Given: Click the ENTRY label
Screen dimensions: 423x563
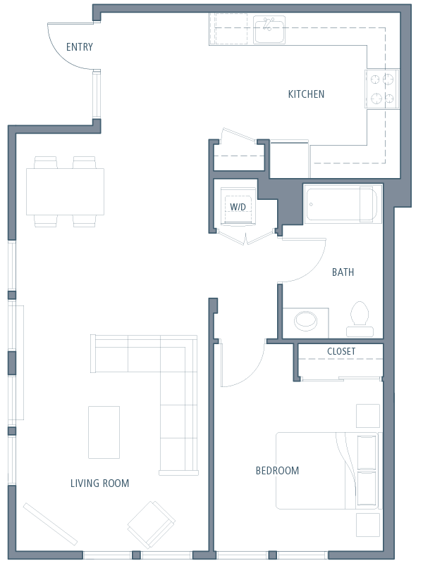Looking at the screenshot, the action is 80,47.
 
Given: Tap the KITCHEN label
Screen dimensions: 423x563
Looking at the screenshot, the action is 306,94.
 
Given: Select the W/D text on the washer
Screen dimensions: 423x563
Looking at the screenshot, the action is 238,207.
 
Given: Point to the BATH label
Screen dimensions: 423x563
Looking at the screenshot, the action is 343,272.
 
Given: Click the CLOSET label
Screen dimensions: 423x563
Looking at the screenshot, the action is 341,351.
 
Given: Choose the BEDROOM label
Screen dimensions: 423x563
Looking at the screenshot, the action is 277,470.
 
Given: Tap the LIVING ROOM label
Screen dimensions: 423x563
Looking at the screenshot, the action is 99,483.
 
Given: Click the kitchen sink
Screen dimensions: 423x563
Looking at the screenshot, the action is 269,30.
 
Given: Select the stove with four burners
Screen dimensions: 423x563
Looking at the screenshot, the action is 382,89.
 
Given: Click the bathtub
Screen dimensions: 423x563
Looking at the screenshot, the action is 342,203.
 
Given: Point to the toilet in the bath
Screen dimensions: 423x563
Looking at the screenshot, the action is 360,320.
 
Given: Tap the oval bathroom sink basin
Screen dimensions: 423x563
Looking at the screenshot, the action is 306,320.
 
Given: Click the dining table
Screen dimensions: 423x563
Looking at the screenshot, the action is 65,191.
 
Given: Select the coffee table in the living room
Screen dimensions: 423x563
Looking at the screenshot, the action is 104,432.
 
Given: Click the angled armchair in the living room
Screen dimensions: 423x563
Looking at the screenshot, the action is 152,525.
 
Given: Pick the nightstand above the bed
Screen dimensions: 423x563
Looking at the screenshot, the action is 368,416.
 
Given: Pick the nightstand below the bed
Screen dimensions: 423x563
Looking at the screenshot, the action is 368,525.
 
